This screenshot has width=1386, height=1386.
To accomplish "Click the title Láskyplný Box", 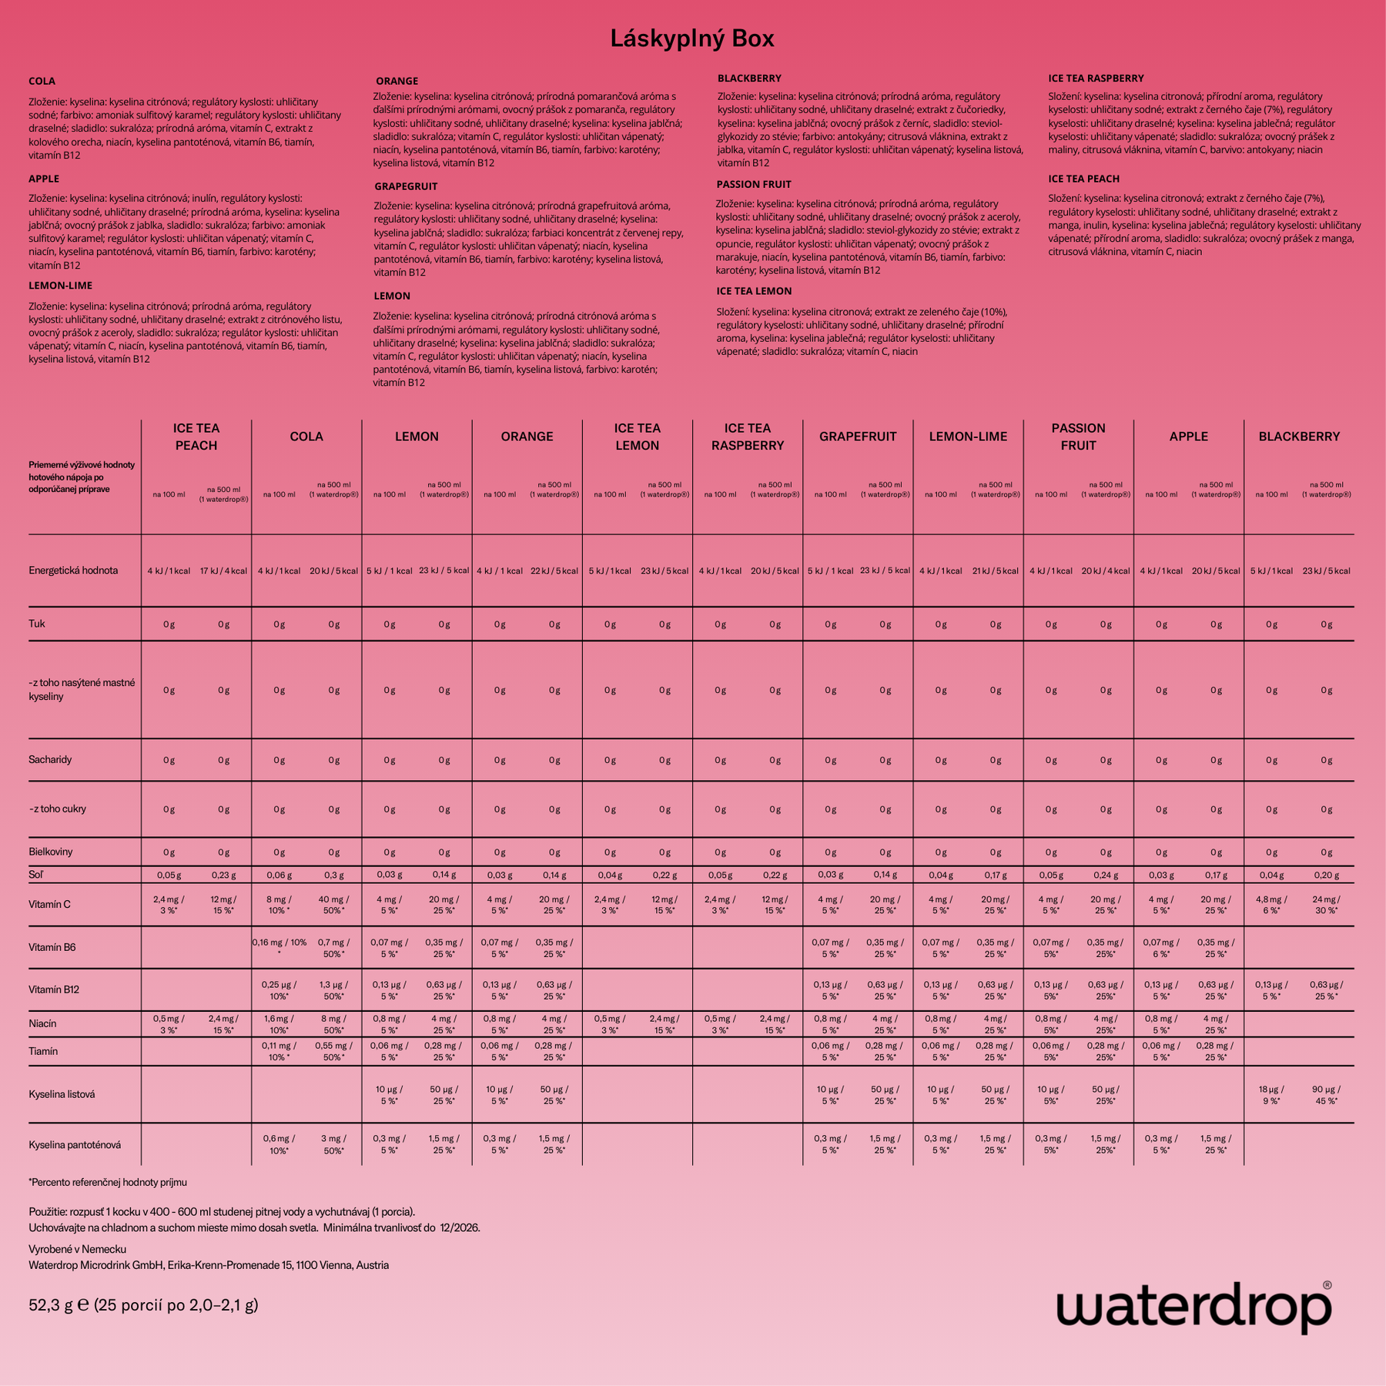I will (692, 38).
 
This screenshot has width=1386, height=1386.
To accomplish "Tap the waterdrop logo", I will (1193, 1307).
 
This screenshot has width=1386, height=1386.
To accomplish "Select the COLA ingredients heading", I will (42, 81).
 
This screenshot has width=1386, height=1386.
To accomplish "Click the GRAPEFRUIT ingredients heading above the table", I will (406, 186).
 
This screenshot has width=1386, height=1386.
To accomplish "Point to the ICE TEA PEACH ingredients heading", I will (1083, 179).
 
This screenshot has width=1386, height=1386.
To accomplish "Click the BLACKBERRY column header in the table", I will (1299, 437).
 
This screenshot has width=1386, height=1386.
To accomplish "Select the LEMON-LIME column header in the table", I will (968, 437).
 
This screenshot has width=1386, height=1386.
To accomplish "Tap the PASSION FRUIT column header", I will (1078, 437).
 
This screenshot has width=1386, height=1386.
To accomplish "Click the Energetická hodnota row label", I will (73, 571).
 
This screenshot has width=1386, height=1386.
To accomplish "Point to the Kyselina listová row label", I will (62, 1094).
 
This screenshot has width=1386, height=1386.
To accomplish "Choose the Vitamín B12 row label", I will (54, 989).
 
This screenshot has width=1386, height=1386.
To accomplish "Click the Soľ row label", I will (36, 875).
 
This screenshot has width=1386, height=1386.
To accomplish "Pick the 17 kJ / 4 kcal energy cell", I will (223, 571).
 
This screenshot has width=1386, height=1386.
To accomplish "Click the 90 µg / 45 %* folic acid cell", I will (1326, 1095).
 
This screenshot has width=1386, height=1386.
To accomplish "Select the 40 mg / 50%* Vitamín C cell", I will (333, 905).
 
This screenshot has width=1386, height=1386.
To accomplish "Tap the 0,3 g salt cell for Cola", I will (333, 875).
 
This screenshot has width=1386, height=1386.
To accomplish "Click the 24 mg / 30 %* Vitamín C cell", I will (1326, 905).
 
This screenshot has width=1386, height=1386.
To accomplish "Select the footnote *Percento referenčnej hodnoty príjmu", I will (108, 1182).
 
